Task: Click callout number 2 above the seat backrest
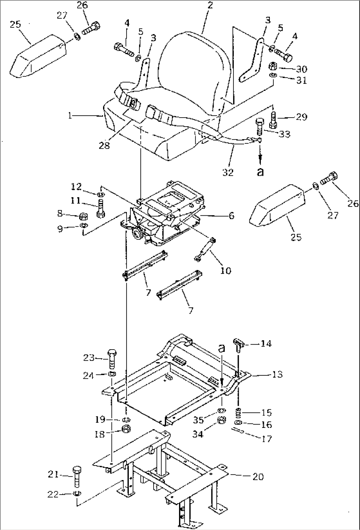[210, 6]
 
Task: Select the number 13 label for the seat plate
[278, 374]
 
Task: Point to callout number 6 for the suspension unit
[231, 216]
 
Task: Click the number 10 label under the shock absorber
[226, 271]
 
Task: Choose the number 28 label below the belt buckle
[104, 145]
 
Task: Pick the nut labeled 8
[84, 216]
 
